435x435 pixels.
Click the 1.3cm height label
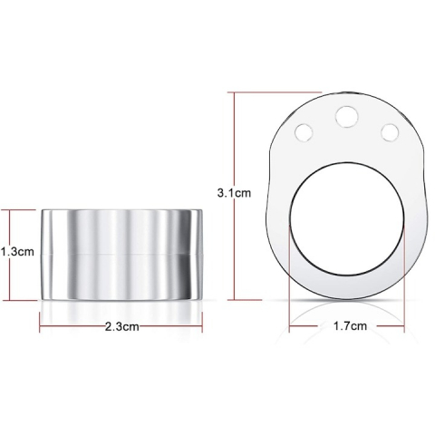pos(17,252)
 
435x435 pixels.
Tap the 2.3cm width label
pos(122,326)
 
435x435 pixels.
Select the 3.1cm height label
pos(234,193)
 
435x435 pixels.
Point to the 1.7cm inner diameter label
pos(350,326)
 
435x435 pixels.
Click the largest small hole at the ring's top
pos(347,117)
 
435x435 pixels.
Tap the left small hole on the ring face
pos(304,132)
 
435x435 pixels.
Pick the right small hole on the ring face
pos(390,132)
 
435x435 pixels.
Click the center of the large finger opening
pos(347,219)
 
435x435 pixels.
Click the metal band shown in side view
pos(121,255)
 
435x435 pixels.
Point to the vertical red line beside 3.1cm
pos(235,196)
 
